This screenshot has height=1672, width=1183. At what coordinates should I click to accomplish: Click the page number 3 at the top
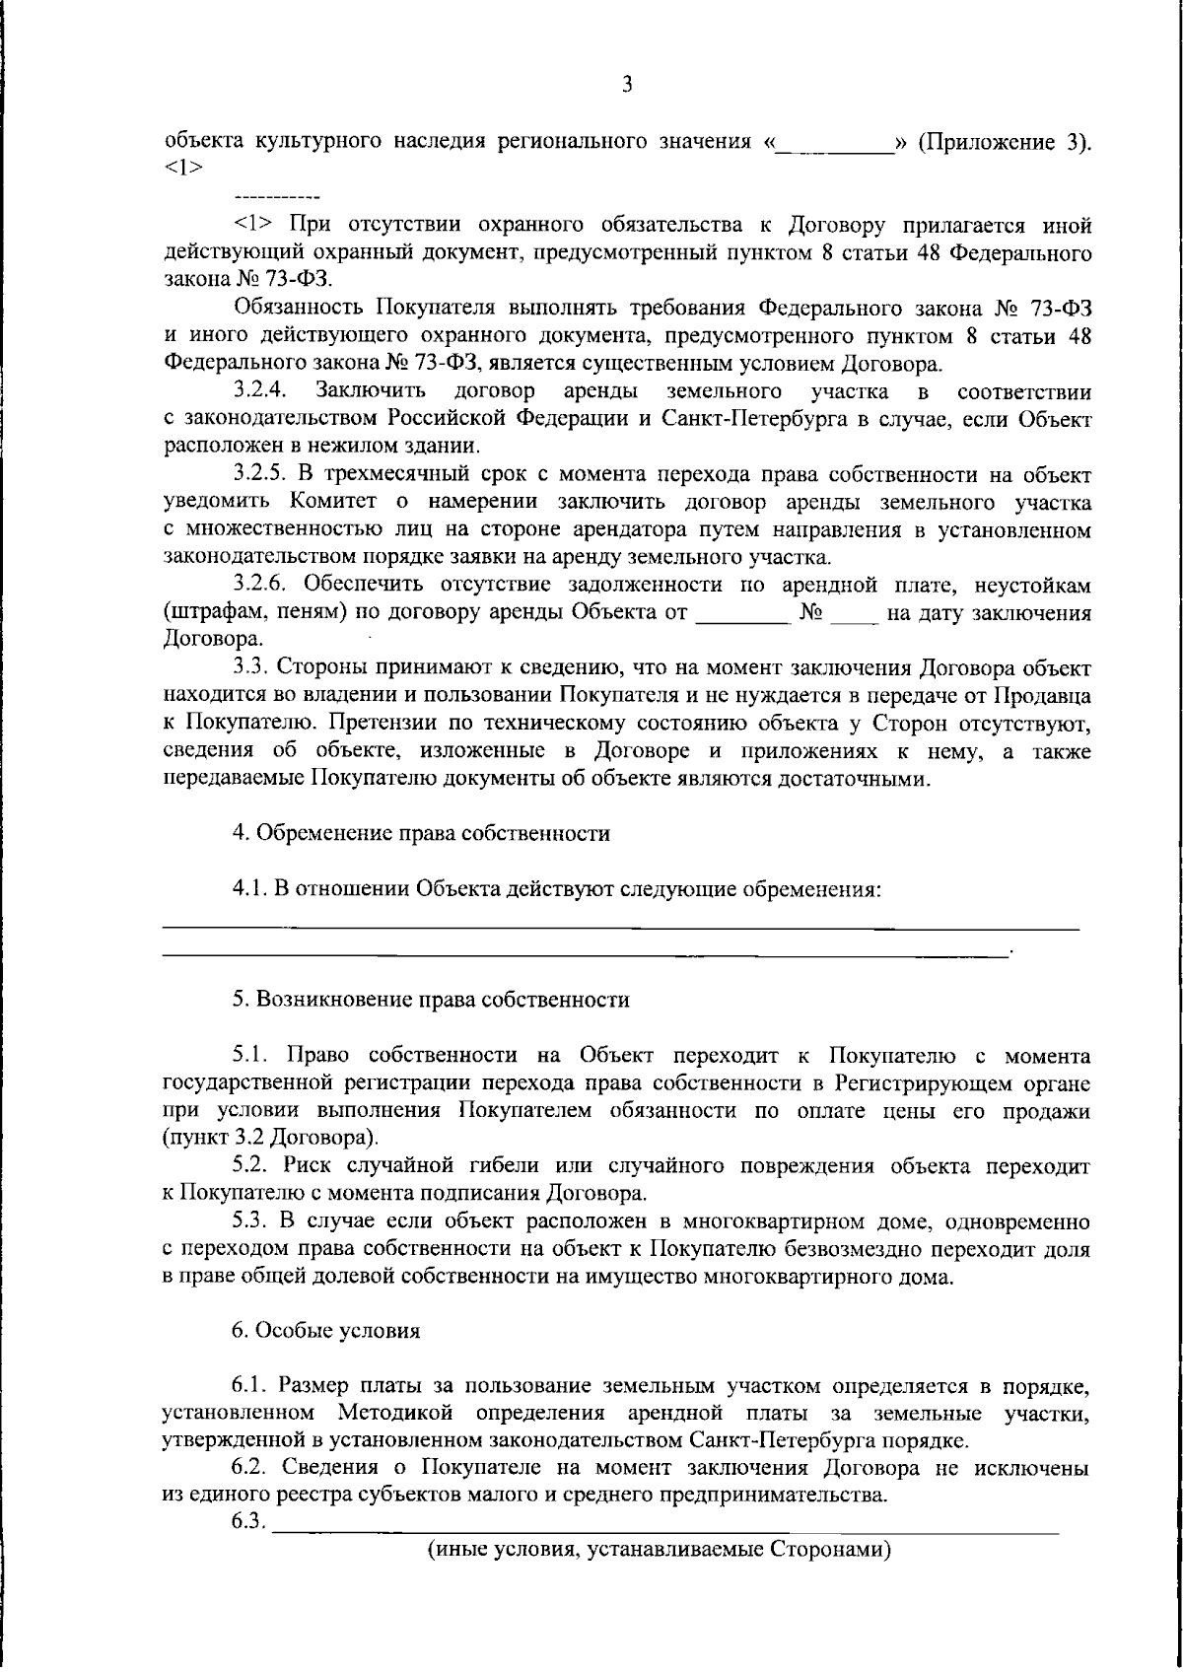click(626, 85)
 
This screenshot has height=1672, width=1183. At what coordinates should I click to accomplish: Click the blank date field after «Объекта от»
click(743, 613)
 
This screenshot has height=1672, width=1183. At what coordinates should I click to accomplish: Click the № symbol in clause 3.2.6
click(812, 613)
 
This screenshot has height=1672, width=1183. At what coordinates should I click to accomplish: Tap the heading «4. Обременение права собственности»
click(421, 833)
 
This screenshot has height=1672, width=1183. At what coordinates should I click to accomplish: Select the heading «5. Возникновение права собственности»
click(431, 1000)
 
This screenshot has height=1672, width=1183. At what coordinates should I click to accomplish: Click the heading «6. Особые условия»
click(326, 1330)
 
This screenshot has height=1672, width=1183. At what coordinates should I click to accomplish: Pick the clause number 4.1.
click(250, 889)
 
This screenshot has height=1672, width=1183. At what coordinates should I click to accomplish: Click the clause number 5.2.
click(250, 1166)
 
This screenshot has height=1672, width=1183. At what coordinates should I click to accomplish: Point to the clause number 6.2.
click(250, 1468)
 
